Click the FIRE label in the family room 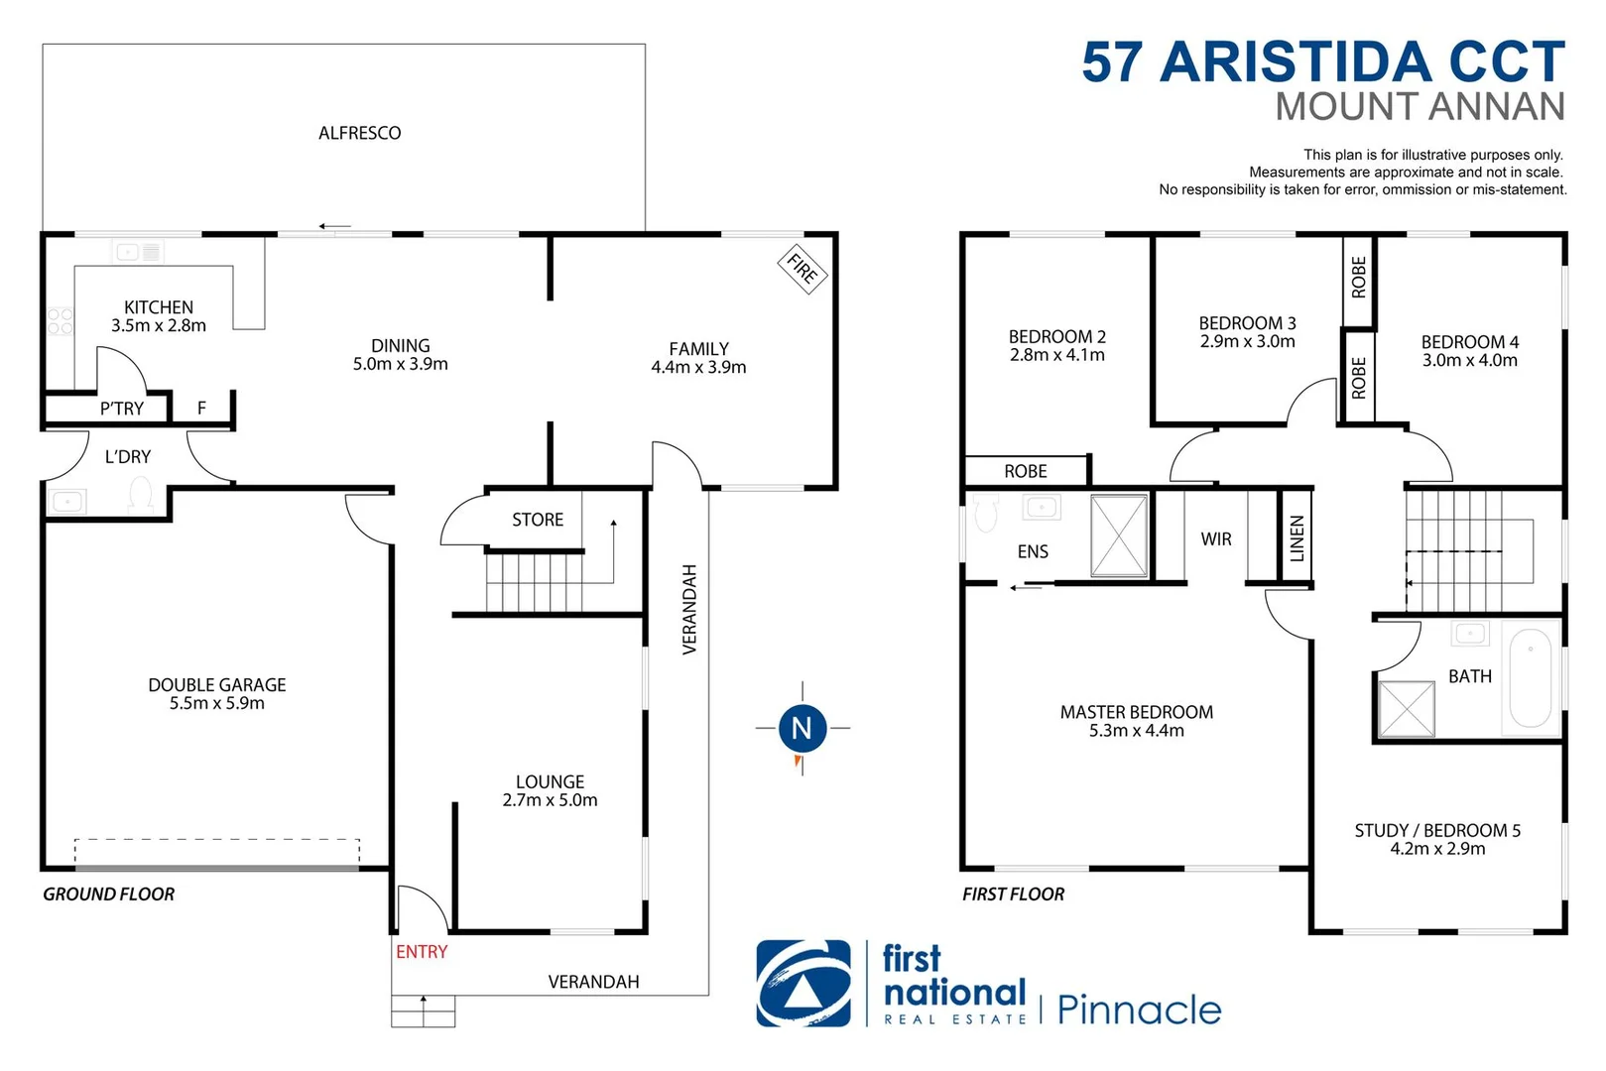point(802,268)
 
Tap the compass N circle point(802,728)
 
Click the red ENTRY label point(422,952)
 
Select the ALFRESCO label point(359,133)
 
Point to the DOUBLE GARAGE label point(217,685)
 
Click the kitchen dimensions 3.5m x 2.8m point(159,325)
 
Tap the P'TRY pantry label point(122,409)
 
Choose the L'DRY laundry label point(128,457)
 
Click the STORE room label point(538,520)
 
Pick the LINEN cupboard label point(1297,538)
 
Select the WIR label point(1216,539)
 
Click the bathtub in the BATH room point(1531,678)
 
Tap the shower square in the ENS point(1118,535)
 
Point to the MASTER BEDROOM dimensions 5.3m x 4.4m point(1137,731)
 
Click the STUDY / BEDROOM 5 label point(1437,831)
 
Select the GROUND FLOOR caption point(108,894)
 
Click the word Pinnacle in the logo point(1139,1011)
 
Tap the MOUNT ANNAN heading point(1420,107)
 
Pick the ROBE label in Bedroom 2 point(1026,472)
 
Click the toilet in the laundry point(141,495)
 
